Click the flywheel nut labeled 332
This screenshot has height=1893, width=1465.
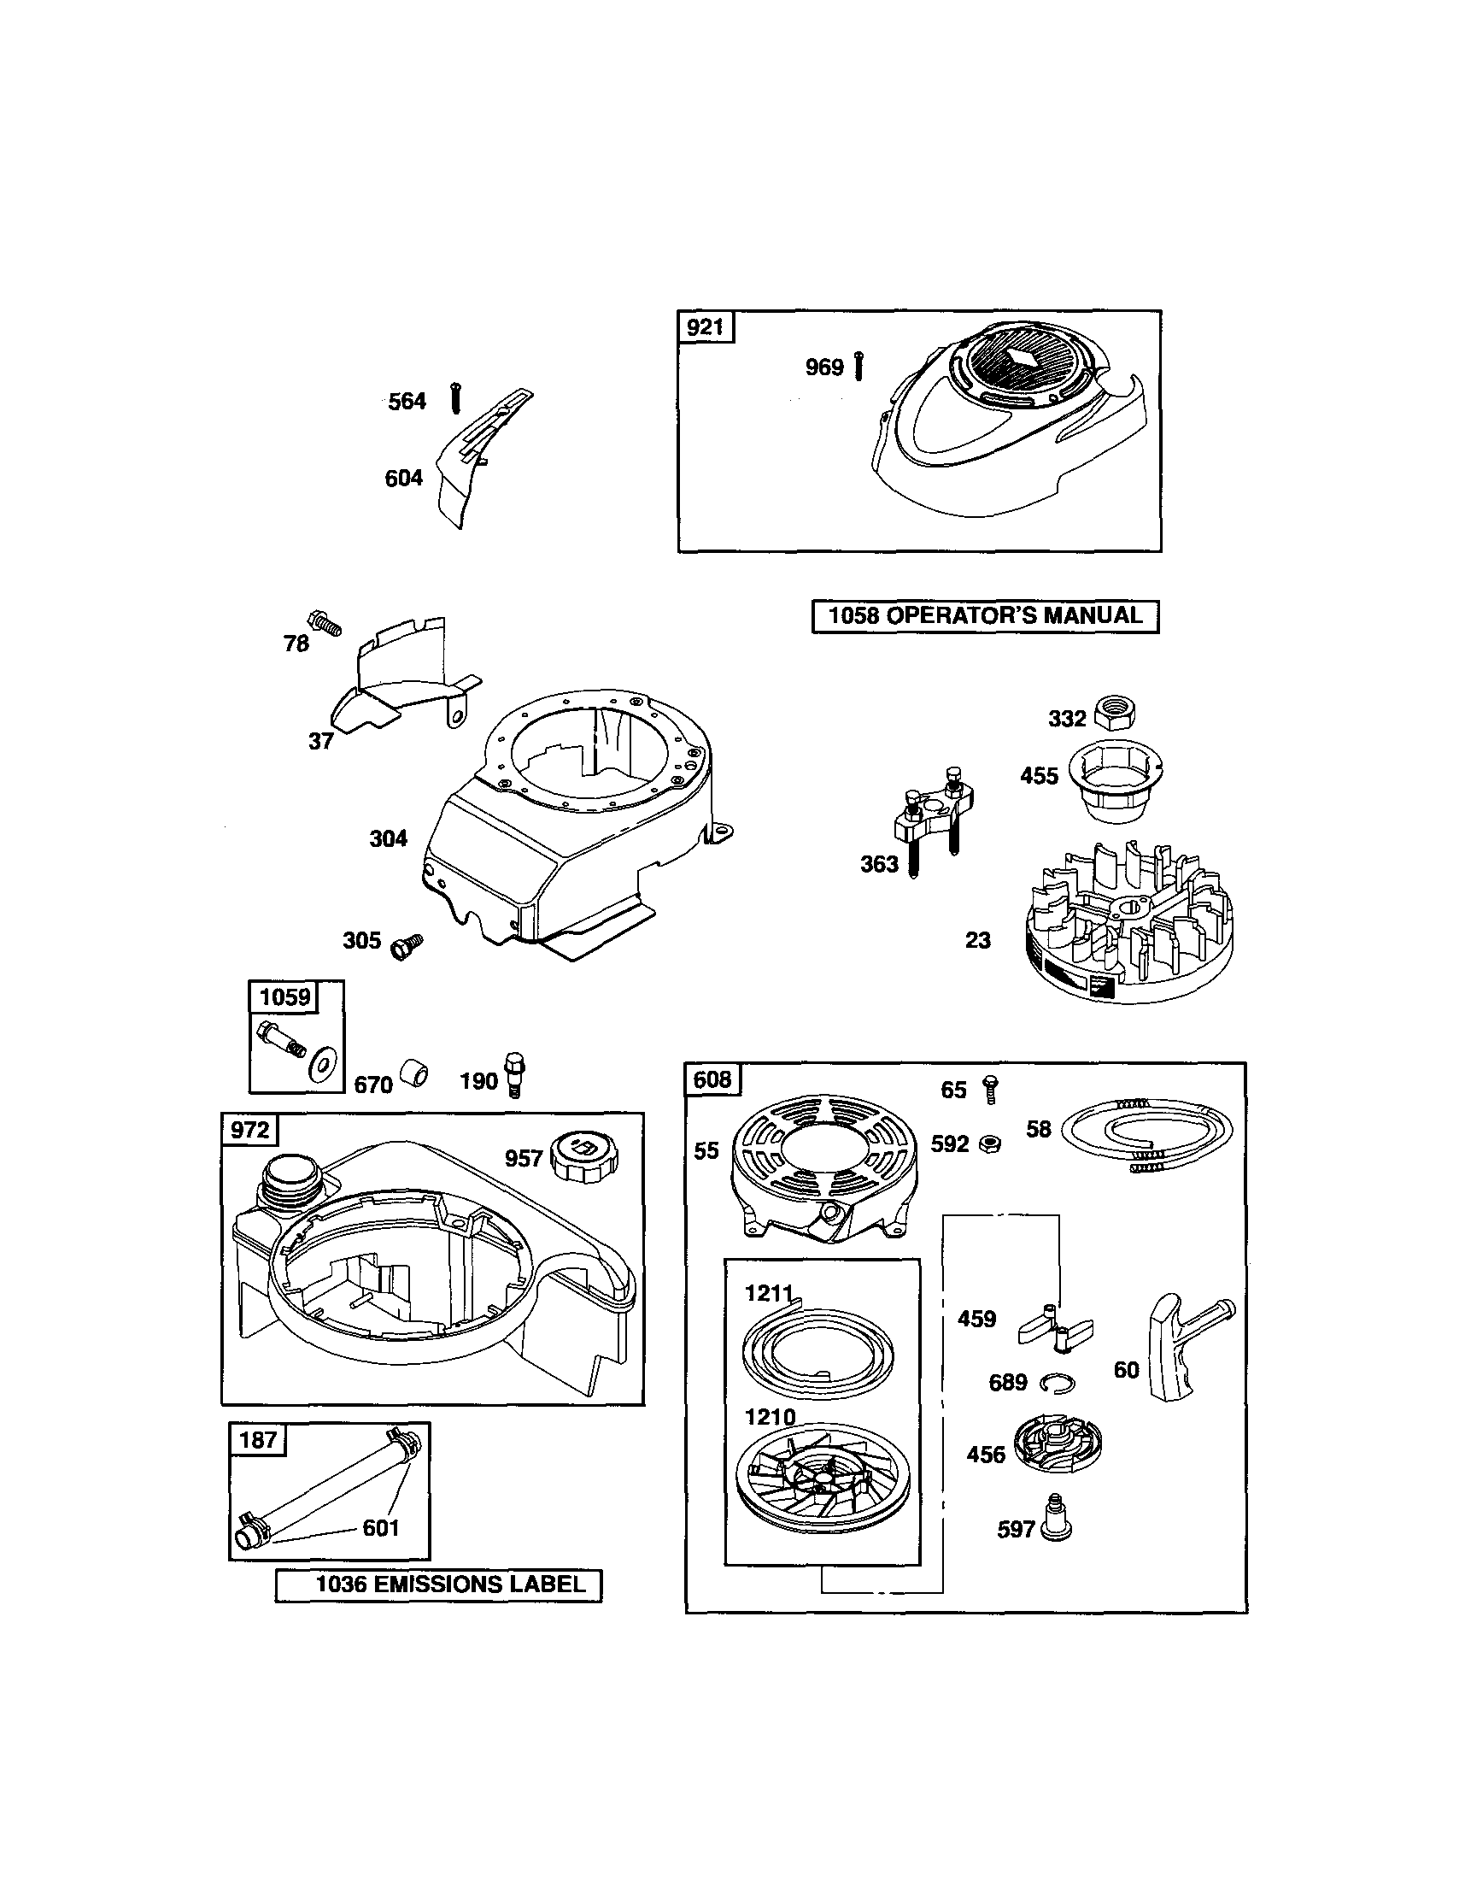tap(1114, 714)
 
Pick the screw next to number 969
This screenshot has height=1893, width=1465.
tap(858, 367)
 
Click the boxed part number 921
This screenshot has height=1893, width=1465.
tap(706, 327)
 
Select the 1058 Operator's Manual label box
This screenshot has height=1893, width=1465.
tap(984, 616)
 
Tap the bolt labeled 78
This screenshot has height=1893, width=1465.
tap(325, 623)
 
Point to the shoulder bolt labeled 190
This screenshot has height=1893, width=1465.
tap(513, 1076)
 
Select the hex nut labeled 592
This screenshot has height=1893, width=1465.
tap(991, 1144)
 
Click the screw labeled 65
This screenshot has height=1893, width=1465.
tap(989, 1088)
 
